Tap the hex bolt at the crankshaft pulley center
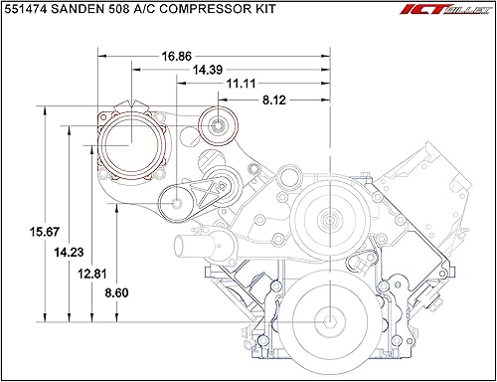(329, 321)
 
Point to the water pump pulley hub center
(329, 218)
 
